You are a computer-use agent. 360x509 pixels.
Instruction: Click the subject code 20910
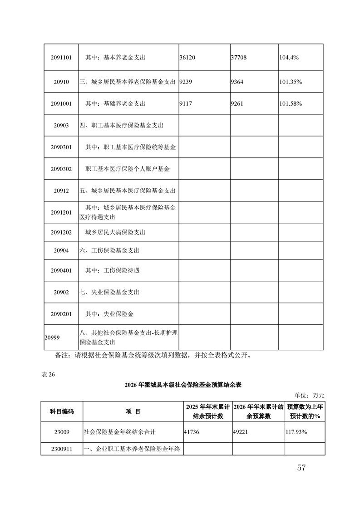(61, 82)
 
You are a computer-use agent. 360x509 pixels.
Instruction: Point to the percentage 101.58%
(291, 104)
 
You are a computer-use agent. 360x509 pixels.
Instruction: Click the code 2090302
(61, 169)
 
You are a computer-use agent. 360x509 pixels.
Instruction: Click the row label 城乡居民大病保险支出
(115, 232)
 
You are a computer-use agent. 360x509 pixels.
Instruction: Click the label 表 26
(48, 374)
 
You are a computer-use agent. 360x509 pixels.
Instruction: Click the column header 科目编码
(61, 411)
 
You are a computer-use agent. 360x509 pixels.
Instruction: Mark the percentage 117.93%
(296, 432)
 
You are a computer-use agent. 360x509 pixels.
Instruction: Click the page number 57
(301, 468)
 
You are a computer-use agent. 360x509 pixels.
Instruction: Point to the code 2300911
(61, 449)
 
